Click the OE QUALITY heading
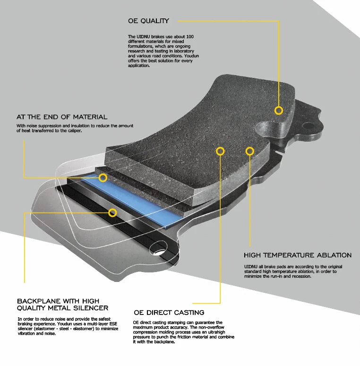(x=148, y=21)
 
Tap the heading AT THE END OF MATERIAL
(x=62, y=117)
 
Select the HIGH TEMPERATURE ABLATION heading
(x=298, y=255)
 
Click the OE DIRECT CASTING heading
(x=169, y=313)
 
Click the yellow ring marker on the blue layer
(x=103, y=178)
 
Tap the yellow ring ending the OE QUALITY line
(x=279, y=110)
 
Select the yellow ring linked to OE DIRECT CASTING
(x=220, y=151)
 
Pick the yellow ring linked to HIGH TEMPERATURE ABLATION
(x=250, y=151)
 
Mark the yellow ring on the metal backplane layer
(x=112, y=213)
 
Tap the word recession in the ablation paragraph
(x=300, y=276)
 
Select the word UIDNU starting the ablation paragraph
(x=250, y=267)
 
